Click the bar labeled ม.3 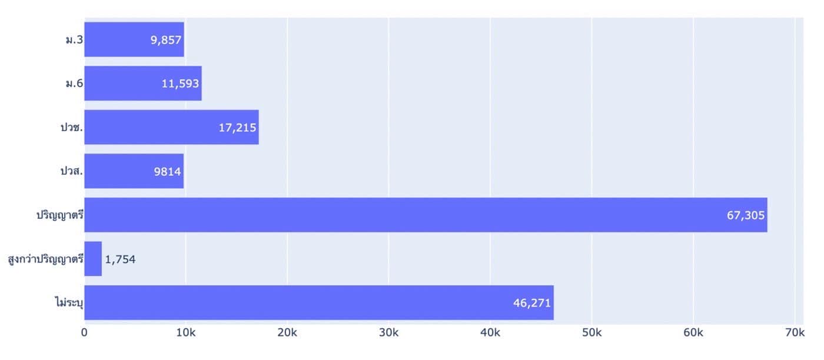[x=134, y=39]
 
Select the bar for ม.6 [x=143, y=83]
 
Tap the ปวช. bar [x=172, y=127]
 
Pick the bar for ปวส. [x=134, y=171]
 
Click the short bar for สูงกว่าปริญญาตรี [x=93, y=258]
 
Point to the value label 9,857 [x=166, y=40]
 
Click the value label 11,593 [x=180, y=84]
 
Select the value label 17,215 [x=237, y=128]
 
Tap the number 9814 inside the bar [x=167, y=171]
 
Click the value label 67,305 [x=746, y=215]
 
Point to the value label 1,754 [x=120, y=259]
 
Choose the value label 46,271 [x=532, y=303]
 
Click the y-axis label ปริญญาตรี [x=60, y=215]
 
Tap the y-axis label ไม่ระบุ [x=69, y=302]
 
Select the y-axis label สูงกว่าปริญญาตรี [x=46, y=259]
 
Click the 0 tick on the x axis [x=84, y=332]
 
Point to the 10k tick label [x=186, y=332]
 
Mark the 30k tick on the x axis [x=389, y=332]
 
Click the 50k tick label [x=592, y=332]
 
